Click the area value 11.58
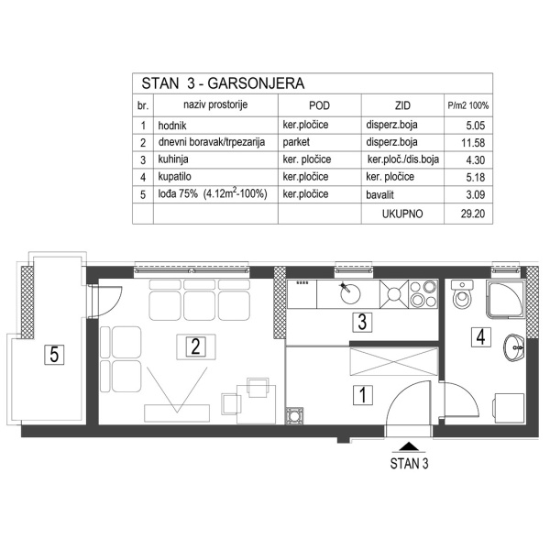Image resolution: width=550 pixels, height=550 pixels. click(468, 142)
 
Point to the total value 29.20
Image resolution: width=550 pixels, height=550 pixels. click(468, 214)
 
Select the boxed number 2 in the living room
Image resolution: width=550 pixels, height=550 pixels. click(194, 346)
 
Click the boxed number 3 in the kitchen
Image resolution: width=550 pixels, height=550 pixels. click(363, 322)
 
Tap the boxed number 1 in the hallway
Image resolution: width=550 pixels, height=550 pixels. click(363, 396)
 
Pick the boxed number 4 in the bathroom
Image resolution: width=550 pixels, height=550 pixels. click(480, 336)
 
